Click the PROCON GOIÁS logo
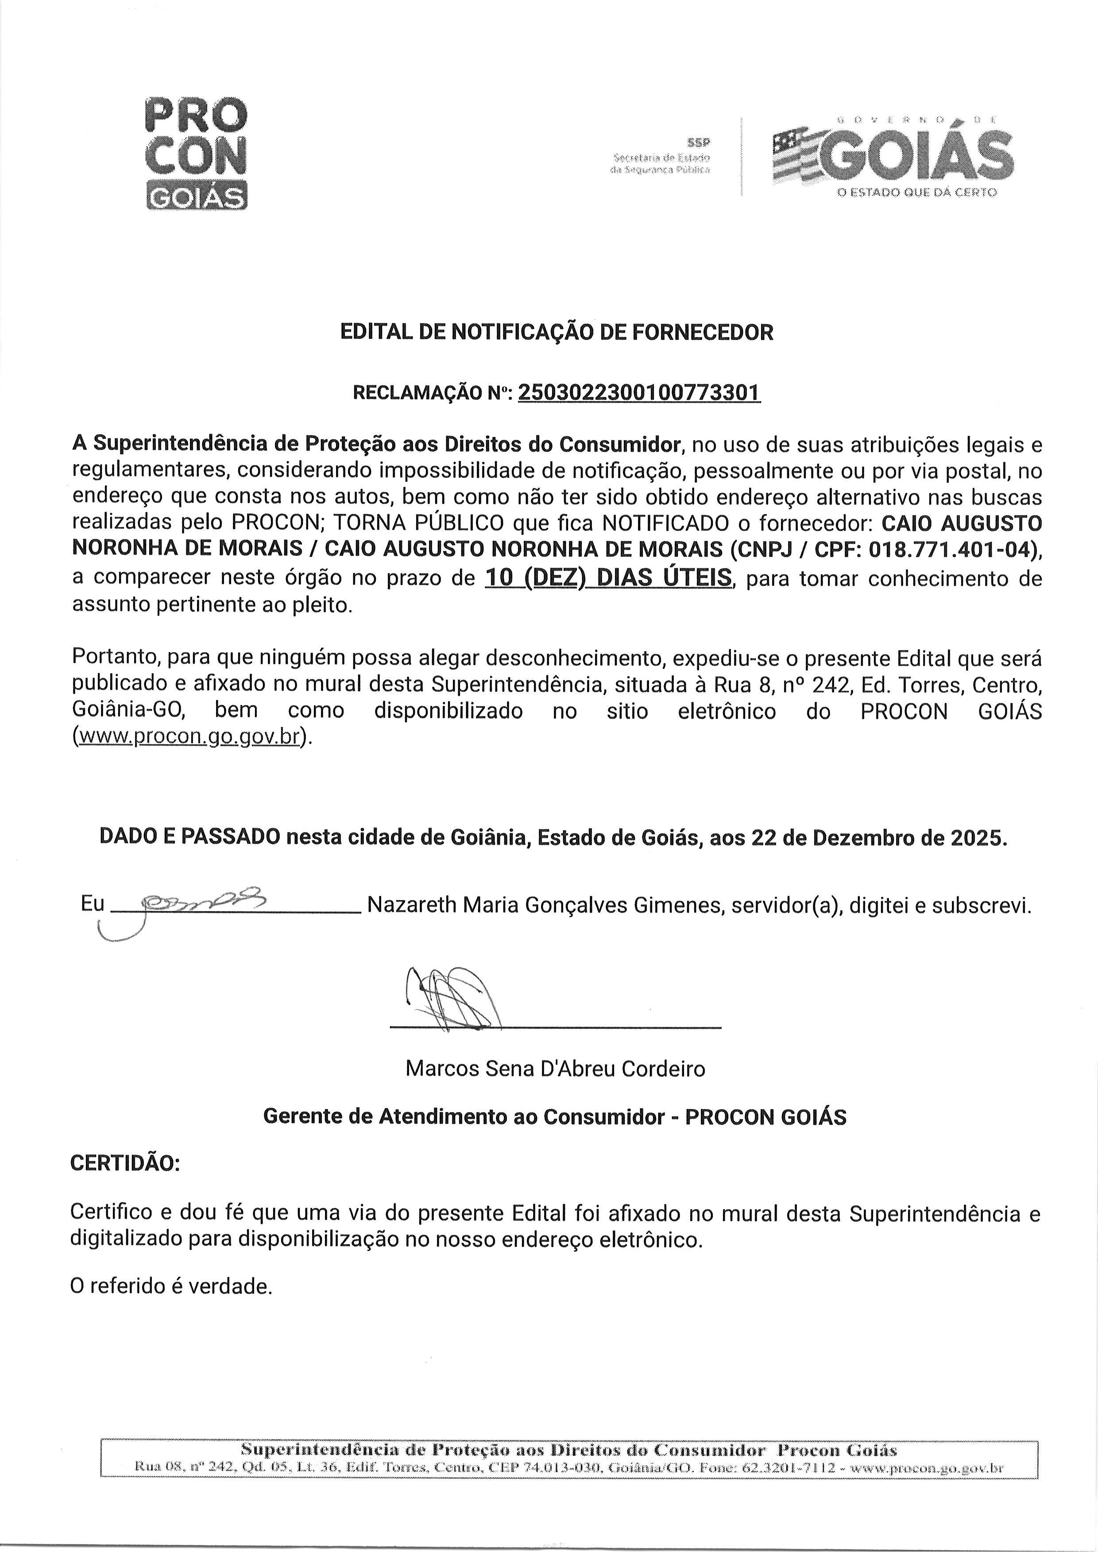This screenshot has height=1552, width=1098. pyautogui.click(x=197, y=154)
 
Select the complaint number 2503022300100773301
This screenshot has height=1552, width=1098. pyautogui.click(x=639, y=392)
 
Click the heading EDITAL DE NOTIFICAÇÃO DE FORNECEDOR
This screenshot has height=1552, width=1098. pyautogui.click(x=557, y=332)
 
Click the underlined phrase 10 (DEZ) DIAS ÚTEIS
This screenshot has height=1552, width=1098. pyautogui.click(x=608, y=578)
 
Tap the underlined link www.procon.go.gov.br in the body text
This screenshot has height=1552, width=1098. pyautogui.click(x=189, y=737)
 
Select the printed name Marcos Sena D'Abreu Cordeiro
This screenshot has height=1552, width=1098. pyautogui.click(x=555, y=1068)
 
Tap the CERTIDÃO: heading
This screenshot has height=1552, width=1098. pyautogui.click(x=126, y=1163)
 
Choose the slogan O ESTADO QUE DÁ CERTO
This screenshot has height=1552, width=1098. pyautogui.click(x=917, y=193)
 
